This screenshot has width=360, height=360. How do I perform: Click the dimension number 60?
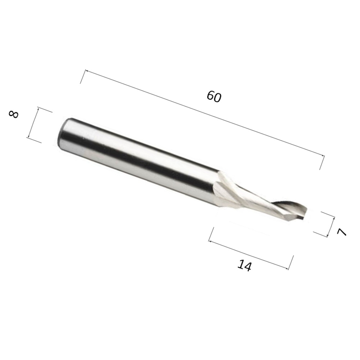[214, 96]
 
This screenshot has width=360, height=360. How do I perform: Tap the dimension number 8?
[14, 114]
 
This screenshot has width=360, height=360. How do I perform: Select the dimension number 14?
[244, 266]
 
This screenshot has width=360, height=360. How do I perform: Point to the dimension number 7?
[341, 232]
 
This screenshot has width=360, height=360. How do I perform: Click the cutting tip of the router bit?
[307, 213]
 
